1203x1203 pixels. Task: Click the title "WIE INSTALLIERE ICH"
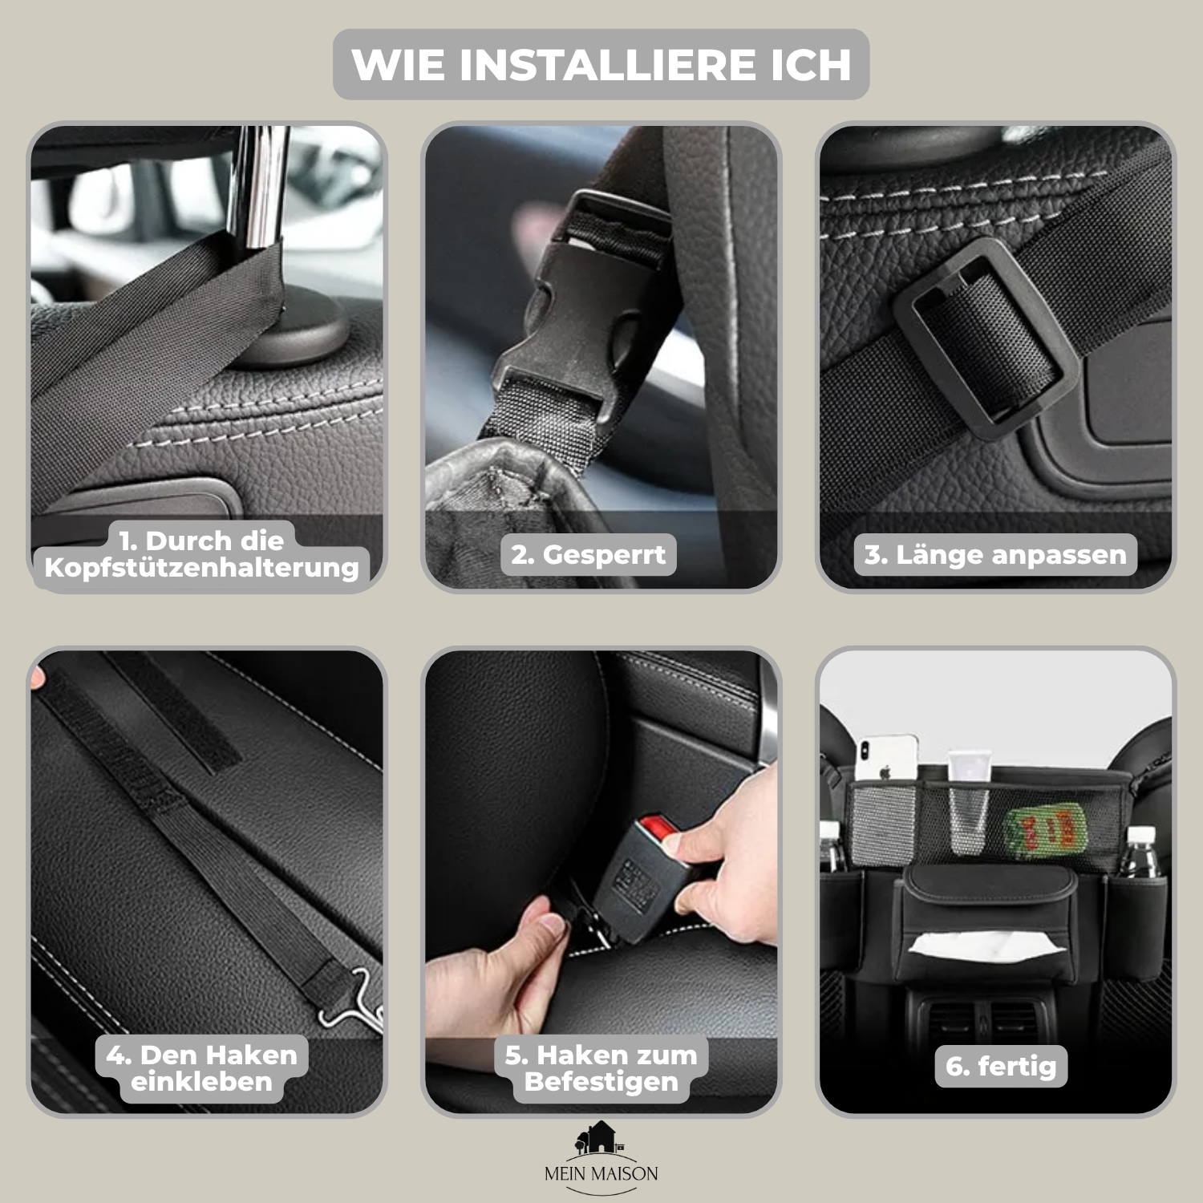point(601,65)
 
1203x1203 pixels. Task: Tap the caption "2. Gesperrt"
point(589,555)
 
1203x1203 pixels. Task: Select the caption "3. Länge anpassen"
point(995,555)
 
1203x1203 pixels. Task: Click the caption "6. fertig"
point(1001,1066)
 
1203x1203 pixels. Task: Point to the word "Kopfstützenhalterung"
point(202,567)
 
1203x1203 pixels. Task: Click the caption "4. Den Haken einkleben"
point(202,1068)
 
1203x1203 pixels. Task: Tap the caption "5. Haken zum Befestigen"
point(601,1068)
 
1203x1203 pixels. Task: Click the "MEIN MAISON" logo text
point(601,1174)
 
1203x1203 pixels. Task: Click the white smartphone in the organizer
point(885,758)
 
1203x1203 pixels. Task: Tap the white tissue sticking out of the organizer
point(986,945)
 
